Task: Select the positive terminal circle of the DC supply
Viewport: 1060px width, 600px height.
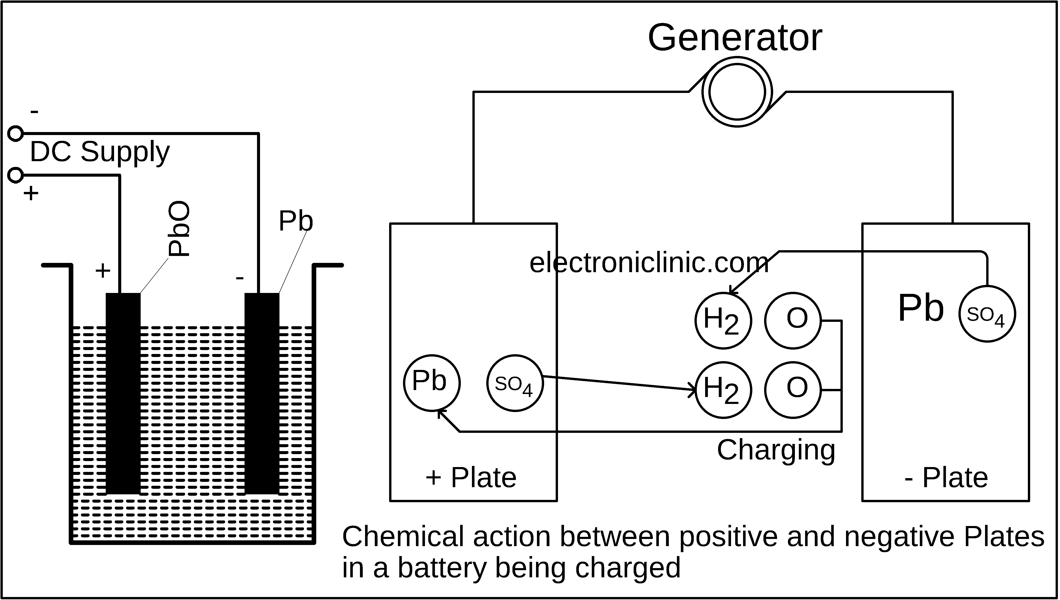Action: point(16,175)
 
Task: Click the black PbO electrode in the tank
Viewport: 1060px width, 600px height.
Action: point(123,394)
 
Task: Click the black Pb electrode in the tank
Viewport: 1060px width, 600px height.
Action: point(262,394)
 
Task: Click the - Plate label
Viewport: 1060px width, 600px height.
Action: point(947,478)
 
